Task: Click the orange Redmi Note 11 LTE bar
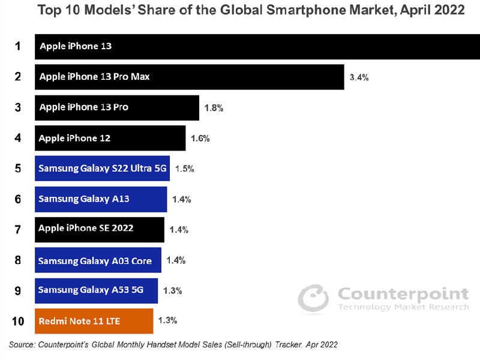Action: [x=94, y=321]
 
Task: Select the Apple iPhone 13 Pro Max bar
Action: [x=189, y=77]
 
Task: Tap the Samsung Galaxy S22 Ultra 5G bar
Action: [x=102, y=169]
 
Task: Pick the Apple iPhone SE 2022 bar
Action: [x=100, y=229]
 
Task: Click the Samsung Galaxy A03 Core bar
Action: [x=98, y=260]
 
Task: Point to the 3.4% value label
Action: [x=359, y=77]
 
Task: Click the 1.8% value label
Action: [x=214, y=108]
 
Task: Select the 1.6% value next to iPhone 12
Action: [x=199, y=139]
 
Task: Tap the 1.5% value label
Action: [x=184, y=169]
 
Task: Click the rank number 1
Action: [x=18, y=46]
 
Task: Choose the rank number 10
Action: [x=18, y=321]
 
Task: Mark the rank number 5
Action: [x=18, y=169]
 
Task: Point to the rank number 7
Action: [x=18, y=229]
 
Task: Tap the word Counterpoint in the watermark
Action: [x=403, y=294]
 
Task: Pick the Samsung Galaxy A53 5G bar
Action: [x=96, y=290]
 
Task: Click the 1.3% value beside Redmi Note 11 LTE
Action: [x=167, y=321]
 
